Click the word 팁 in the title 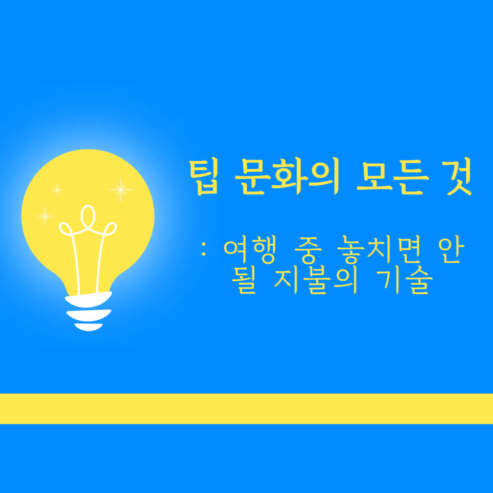pyautogui.click(x=204, y=178)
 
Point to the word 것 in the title pyautogui.click(x=457, y=178)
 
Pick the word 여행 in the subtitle pyautogui.click(x=249, y=251)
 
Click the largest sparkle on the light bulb pyautogui.click(x=121, y=189)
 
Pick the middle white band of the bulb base pyautogui.click(x=88, y=315)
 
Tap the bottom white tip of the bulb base pyautogui.click(x=88, y=327)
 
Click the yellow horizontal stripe pyautogui.click(x=246, y=408)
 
